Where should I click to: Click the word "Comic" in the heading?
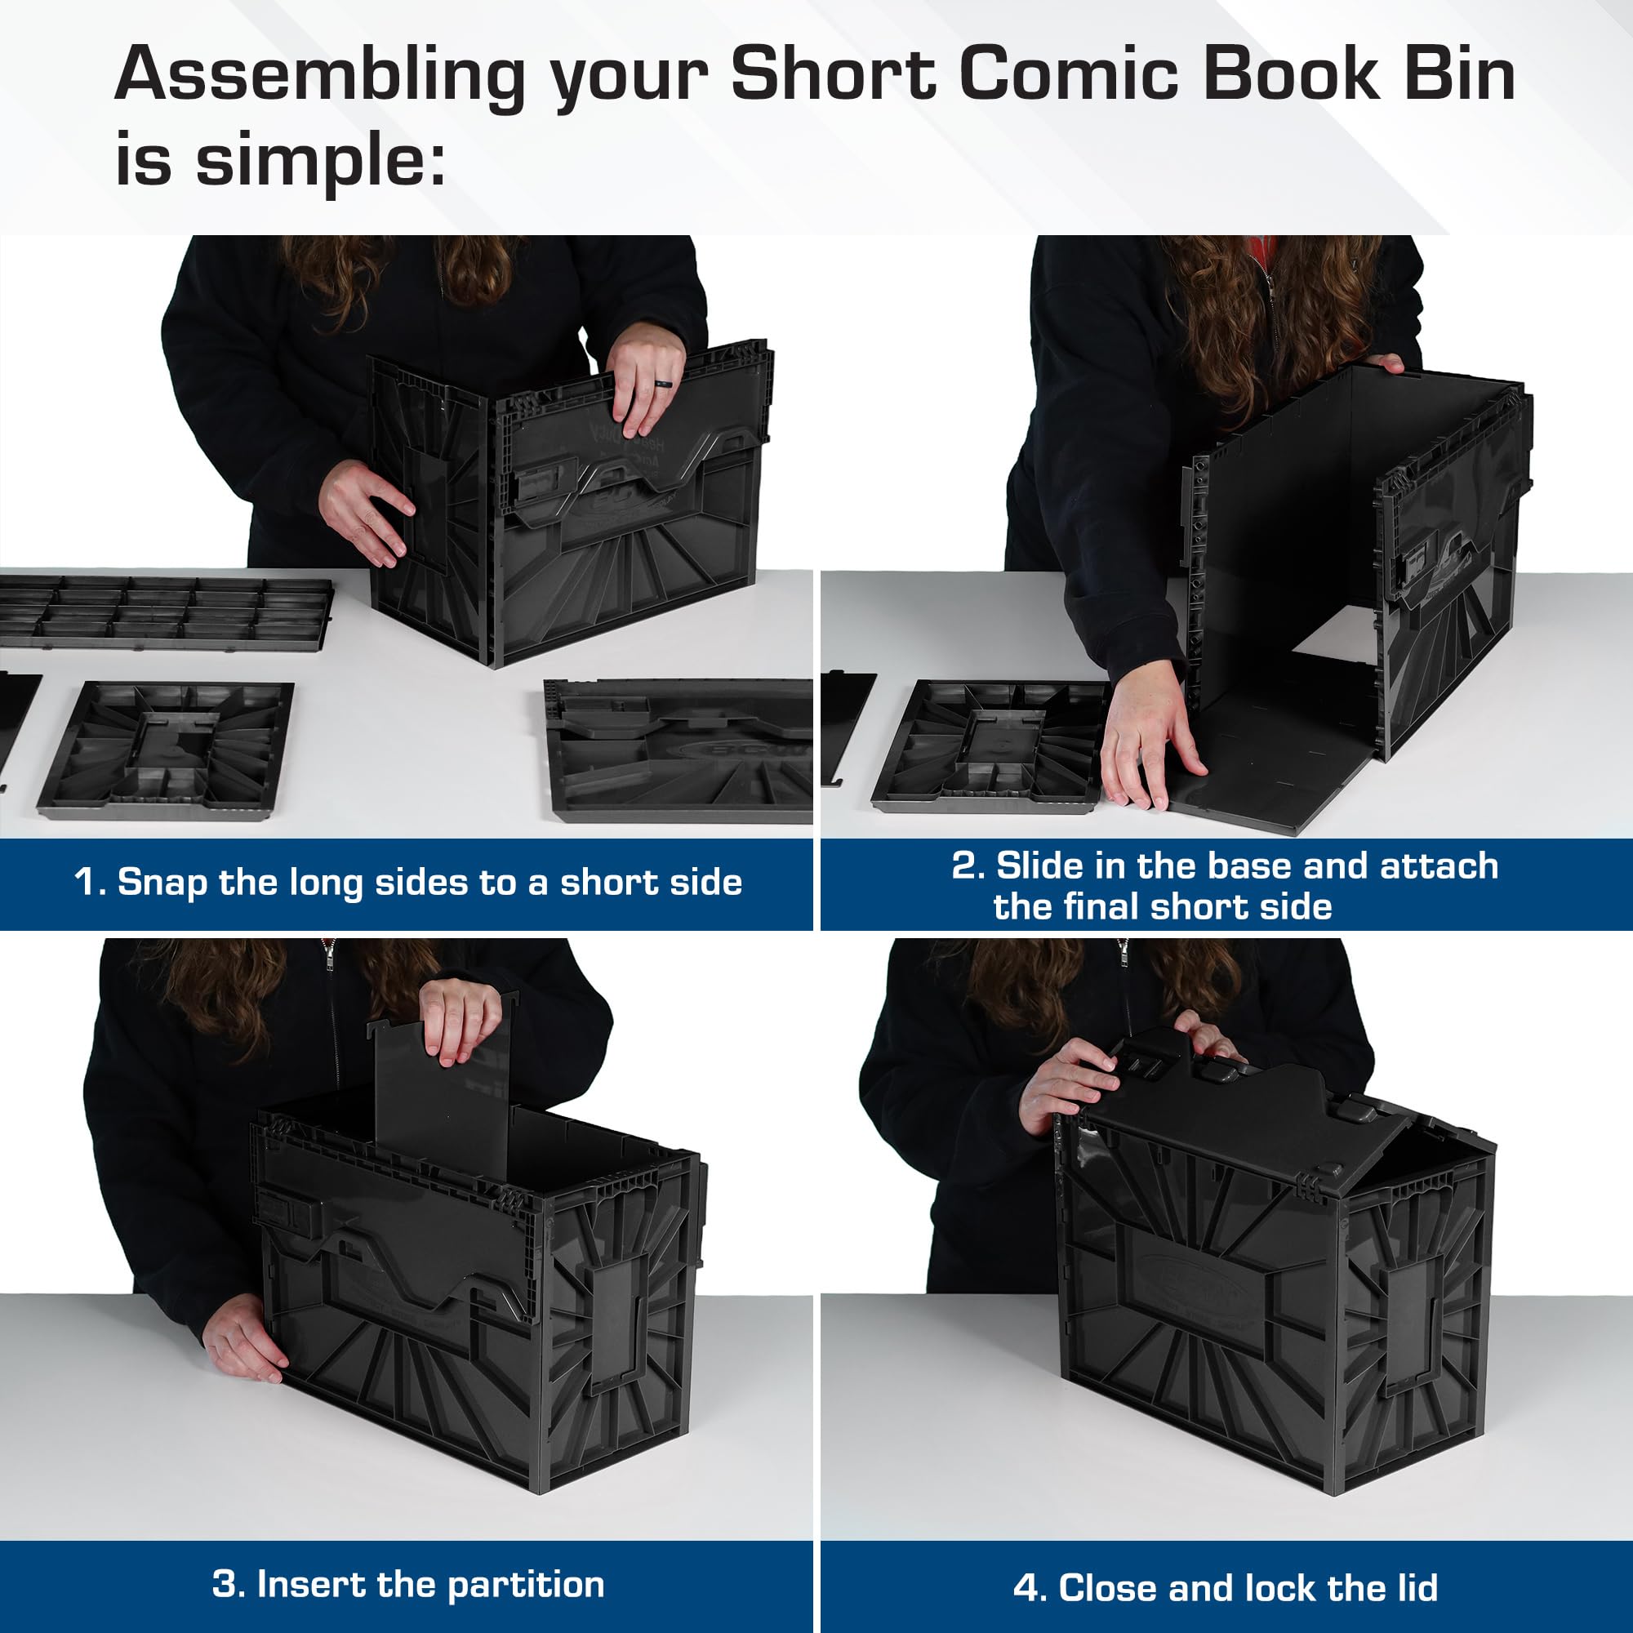1068,74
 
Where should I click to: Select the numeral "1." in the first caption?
90,883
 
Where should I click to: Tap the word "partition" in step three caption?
525,1585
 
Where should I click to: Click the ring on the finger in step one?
665,385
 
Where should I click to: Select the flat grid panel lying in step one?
165,613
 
